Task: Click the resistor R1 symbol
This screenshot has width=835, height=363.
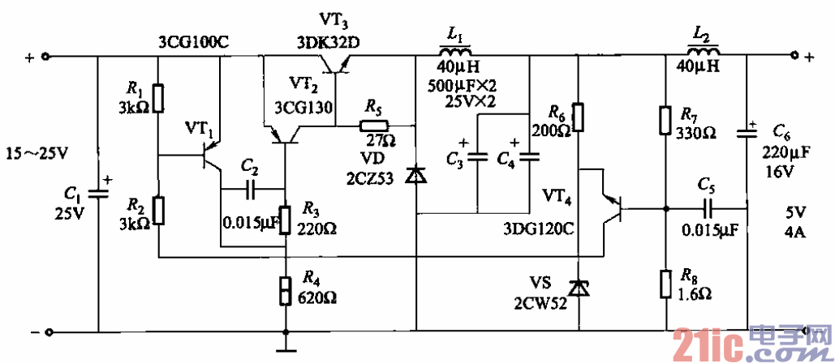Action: [x=159, y=99]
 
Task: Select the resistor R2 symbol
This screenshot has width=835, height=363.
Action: [x=159, y=210]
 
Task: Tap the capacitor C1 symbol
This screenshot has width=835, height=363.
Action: [x=98, y=193]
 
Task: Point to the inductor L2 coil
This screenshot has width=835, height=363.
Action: [x=702, y=53]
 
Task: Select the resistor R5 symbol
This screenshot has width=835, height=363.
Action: [x=375, y=126]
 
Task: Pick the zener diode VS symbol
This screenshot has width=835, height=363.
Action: [x=577, y=288]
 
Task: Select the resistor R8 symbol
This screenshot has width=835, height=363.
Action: [x=665, y=284]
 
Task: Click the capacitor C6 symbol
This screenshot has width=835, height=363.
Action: [x=747, y=135]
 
